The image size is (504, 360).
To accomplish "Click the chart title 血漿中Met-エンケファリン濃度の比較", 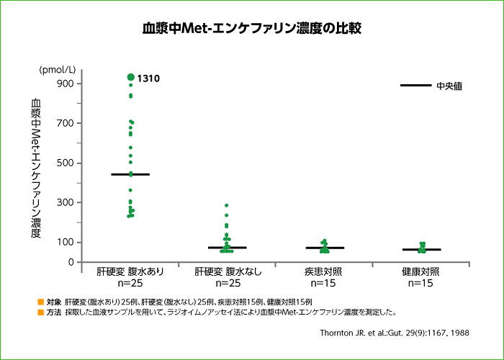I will click(252, 29).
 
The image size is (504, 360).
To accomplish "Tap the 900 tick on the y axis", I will click(65, 84).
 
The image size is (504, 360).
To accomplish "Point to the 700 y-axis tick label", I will click(65, 123).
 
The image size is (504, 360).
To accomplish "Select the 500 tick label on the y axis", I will click(65, 163).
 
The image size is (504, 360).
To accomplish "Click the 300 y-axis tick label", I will click(65, 202).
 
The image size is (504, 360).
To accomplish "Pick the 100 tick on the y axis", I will click(65, 242).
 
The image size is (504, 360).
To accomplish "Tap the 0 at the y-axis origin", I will click(71, 262).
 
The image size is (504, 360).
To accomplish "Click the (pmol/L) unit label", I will click(58, 70).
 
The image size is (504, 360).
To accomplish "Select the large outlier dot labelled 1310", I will click(130, 77).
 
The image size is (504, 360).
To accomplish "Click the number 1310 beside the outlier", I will click(148, 78).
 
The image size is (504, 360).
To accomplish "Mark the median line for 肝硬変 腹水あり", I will click(130, 174).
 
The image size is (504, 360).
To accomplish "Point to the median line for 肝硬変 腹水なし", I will click(227, 248).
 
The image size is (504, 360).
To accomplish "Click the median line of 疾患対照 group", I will click(325, 248).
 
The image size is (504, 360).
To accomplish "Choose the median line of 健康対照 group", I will click(421, 250).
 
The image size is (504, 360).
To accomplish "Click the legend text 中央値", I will click(449, 86).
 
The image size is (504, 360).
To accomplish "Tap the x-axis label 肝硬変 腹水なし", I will click(228, 272).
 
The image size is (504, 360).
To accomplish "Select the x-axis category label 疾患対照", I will click(324, 272).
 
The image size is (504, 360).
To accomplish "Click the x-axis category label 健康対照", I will click(421, 272).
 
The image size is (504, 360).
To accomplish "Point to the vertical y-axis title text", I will click(36, 167).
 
